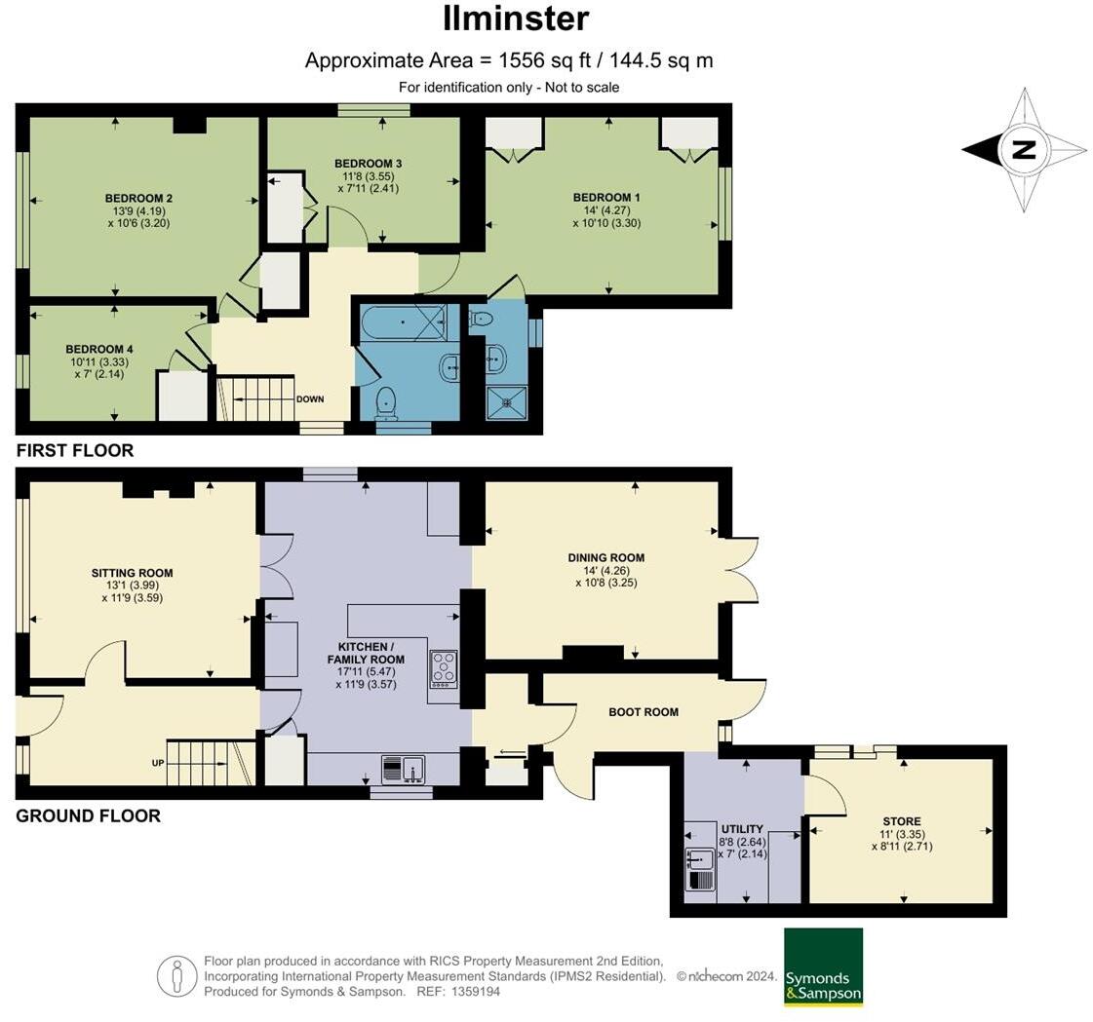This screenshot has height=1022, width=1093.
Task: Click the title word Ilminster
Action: pos(516,19)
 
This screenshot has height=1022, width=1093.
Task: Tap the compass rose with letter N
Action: pos(1024,150)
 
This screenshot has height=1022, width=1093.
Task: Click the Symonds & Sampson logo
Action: pos(823,966)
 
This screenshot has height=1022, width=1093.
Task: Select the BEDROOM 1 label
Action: pos(606,198)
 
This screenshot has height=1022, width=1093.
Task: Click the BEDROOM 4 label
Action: pos(99,349)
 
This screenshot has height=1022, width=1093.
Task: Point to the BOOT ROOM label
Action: pos(643,712)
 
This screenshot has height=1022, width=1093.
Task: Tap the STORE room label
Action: pos(901,821)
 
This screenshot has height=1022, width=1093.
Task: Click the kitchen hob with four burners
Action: pos(444,668)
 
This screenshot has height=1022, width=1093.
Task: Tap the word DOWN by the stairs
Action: pos(310,399)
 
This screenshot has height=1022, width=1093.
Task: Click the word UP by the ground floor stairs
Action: pos(157,763)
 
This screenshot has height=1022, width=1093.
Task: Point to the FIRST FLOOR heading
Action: pos(75,451)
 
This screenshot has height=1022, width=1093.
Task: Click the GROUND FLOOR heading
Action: pos(88,816)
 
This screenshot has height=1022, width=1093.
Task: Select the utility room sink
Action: pos(700,859)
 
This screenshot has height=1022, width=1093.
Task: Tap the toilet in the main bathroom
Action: pos(387,399)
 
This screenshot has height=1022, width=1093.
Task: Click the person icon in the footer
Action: pos(176,976)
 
